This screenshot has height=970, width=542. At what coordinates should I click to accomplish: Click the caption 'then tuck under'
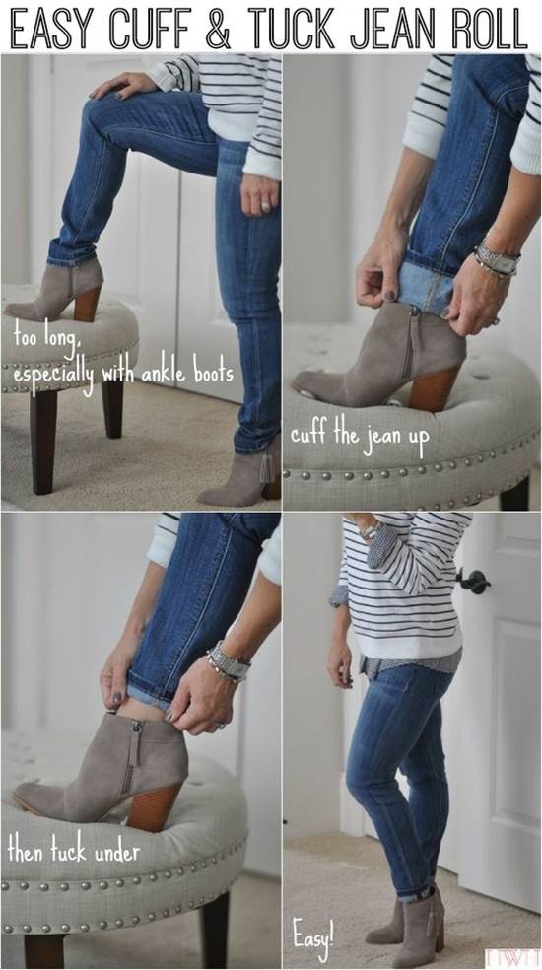[74, 852]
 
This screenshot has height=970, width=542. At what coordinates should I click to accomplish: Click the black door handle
[475, 581]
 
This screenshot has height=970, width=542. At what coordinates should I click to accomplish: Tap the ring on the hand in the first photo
[264, 203]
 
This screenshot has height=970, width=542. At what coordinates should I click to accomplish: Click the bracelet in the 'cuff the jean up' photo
[497, 260]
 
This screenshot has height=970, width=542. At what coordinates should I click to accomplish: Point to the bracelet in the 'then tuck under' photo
[228, 661]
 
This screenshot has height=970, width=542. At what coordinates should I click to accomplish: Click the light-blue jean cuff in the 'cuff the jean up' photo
[428, 291]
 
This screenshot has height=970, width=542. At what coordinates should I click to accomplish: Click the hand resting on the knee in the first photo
[123, 84]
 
